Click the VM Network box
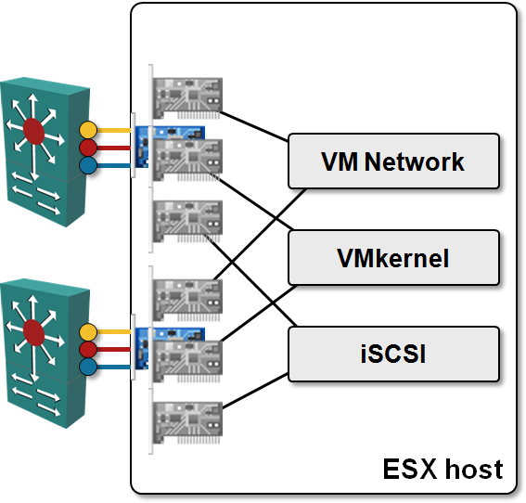[x=394, y=161]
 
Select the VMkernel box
[x=394, y=258]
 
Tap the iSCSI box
[x=394, y=354]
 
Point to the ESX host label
[x=443, y=469]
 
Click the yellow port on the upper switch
[x=88, y=130]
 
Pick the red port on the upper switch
[x=88, y=148]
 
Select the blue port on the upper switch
[x=88, y=165]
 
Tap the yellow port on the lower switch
[x=88, y=332]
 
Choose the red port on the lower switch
[x=88, y=349]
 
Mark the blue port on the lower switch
[x=88, y=367]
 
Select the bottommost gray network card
[x=186, y=421]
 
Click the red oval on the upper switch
[x=34, y=131]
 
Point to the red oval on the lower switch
[x=34, y=332]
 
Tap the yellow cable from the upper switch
[x=114, y=130]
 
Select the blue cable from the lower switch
[x=114, y=367]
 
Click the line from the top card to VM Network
[x=254, y=126]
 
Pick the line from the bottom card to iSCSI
[x=255, y=391]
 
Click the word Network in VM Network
[x=415, y=161]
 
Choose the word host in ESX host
[x=474, y=469]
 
